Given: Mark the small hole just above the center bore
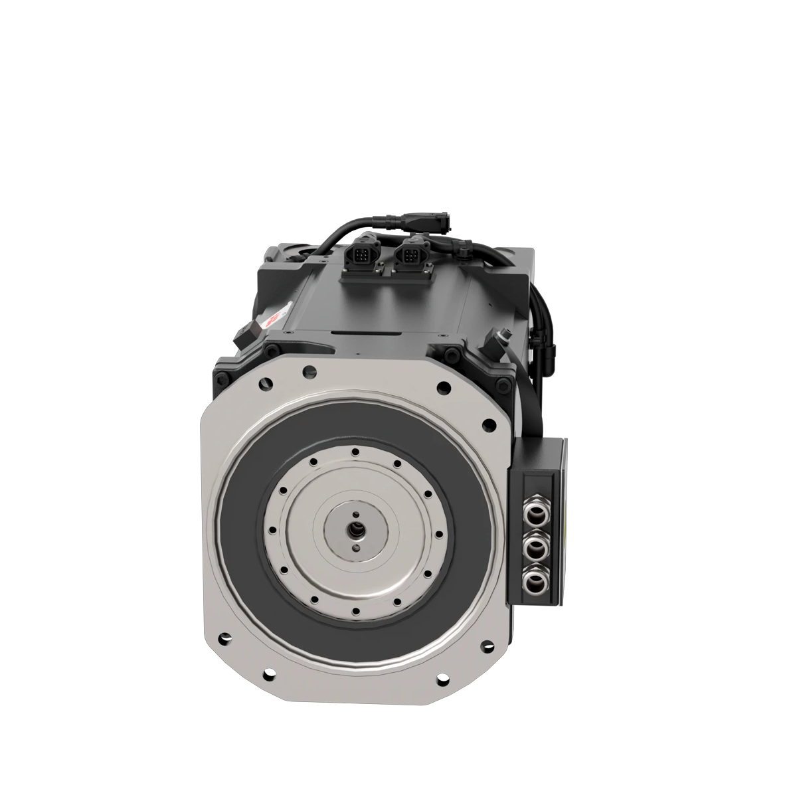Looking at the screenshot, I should tap(357, 513).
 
